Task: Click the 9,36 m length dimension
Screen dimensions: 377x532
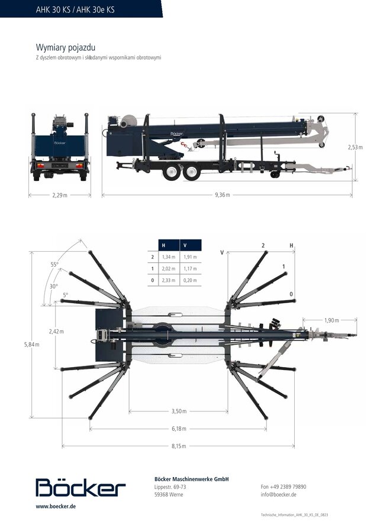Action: (x=222, y=195)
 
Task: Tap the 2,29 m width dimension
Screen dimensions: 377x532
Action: (x=60, y=195)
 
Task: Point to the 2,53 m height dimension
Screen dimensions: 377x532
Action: (x=355, y=147)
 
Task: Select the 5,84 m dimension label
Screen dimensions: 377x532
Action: (x=31, y=345)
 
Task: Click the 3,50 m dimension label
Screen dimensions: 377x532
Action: (x=179, y=411)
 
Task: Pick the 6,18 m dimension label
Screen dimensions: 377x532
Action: (x=179, y=429)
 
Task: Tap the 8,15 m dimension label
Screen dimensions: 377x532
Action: (x=179, y=446)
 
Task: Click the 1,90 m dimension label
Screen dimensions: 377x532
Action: (x=331, y=320)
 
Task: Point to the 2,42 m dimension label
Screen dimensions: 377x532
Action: (x=56, y=331)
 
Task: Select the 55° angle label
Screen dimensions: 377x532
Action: (x=54, y=265)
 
